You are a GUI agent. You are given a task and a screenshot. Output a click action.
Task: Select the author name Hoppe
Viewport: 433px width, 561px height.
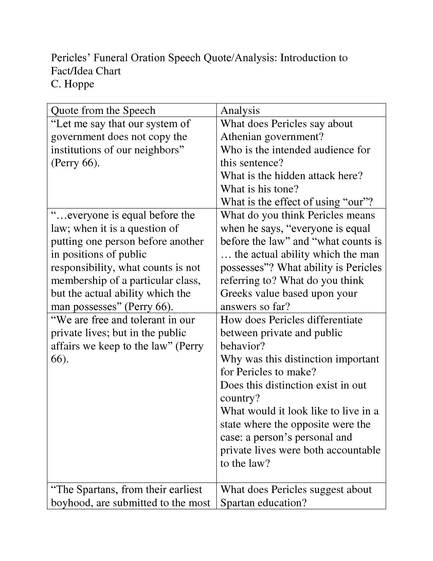(79, 84)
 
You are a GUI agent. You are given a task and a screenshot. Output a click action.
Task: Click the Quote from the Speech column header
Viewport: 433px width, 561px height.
(103, 111)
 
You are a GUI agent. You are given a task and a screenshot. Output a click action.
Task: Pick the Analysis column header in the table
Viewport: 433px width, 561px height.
(240, 111)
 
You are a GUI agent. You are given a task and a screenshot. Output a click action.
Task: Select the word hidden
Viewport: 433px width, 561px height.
(291, 176)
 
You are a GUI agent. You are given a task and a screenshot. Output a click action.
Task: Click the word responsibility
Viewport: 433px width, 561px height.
(83, 268)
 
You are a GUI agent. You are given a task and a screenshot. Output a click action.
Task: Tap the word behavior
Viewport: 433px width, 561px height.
(242, 346)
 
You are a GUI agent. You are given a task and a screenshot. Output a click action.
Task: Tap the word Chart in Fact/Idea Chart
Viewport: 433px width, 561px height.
(108, 71)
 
